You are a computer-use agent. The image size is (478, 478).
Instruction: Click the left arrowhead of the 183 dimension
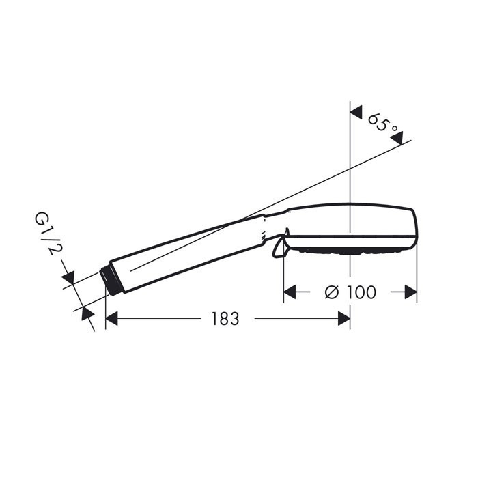pyautogui.click(x=112, y=319)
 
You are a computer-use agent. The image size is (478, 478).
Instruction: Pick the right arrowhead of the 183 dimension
pyautogui.click(x=343, y=319)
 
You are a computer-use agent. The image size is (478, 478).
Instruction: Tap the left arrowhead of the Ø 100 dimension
pyautogui.click(x=290, y=292)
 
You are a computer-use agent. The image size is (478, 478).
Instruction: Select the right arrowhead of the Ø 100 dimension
pyautogui.click(x=410, y=292)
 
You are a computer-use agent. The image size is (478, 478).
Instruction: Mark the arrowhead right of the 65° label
pyautogui.click(x=397, y=139)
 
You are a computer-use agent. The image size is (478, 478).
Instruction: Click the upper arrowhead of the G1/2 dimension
pyautogui.click(x=67, y=279)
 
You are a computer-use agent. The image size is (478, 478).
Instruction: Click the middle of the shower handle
pyautogui.click(x=184, y=253)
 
